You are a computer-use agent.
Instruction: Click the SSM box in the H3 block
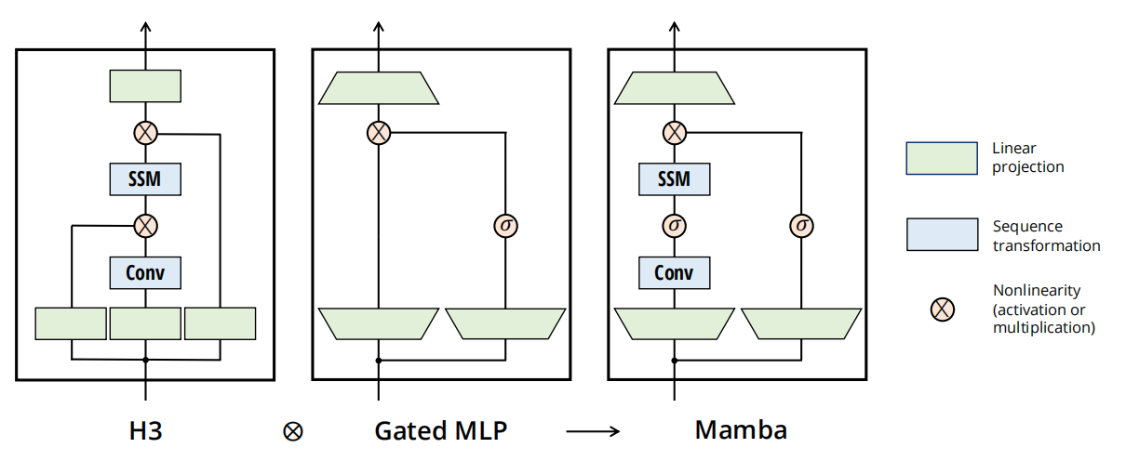click(145, 178)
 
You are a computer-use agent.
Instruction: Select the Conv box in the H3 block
click(145, 272)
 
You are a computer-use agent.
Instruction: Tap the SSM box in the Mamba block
click(674, 178)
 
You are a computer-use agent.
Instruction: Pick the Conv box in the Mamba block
click(674, 272)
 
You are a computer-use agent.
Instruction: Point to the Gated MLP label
click(442, 431)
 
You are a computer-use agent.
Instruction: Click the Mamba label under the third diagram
click(741, 430)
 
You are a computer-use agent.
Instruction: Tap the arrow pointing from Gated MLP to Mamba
click(593, 431)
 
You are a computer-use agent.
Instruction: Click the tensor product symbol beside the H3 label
click(293, 431)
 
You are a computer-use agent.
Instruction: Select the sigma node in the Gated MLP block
click(505, 225)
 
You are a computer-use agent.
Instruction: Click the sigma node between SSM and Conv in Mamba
click(674, 225)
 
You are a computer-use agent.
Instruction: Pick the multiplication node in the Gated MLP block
click(378, 133)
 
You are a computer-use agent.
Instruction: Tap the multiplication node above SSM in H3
click(145, 132)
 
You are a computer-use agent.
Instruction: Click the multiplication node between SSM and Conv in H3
click(145, 225)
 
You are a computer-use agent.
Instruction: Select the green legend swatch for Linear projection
click(941, 158)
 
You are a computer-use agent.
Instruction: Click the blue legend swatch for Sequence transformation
click(941, 235)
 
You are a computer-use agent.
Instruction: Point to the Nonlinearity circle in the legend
click(942, 310)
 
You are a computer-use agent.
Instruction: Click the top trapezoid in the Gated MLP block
click(379, 88)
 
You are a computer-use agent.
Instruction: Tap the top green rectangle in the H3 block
click(145, 86)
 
